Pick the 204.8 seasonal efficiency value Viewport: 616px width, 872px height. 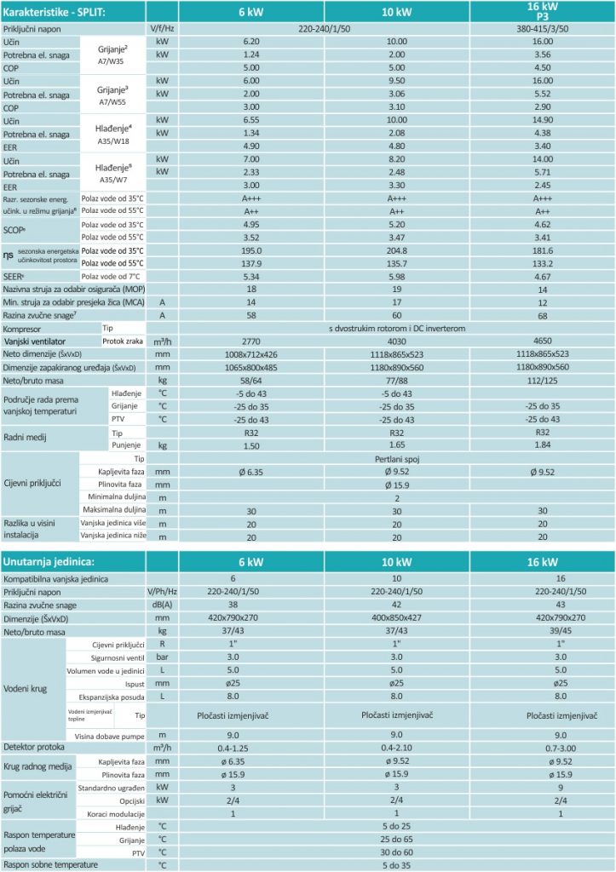point(397,251)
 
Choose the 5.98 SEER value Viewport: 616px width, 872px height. point(397,277)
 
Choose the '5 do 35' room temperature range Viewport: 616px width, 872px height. point(397,865)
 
